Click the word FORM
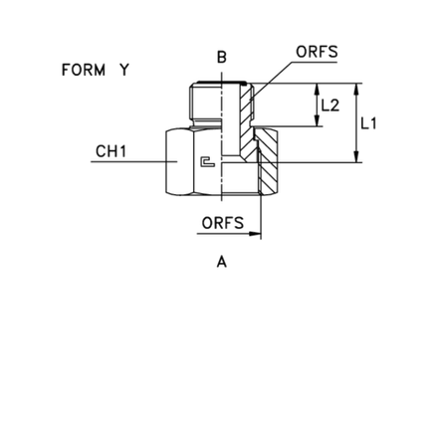[x=84, y=70]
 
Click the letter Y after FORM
[x=124, y=70]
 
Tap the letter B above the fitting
[x=222, y=57]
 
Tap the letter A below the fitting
[x=222, y=262]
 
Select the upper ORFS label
[x=317, y=52]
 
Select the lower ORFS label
[x=223, y=223]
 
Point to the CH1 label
[x=110, y=151]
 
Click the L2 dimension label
[x=330, y=106]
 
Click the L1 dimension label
[x=368, y=123]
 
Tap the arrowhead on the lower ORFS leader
[x=255, y=234]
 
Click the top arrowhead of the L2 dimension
[x=318, y=89]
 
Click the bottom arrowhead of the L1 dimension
[x=356, y=156]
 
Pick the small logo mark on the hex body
[x=208, y=161]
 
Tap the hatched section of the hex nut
[x=267, y=161]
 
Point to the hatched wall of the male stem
[x=247, y=121]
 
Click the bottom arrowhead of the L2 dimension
[x=318, y=120]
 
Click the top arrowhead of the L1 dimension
[x=356, y=90]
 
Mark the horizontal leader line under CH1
[x=134, y=161]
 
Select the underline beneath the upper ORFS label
[x=315, y=62]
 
